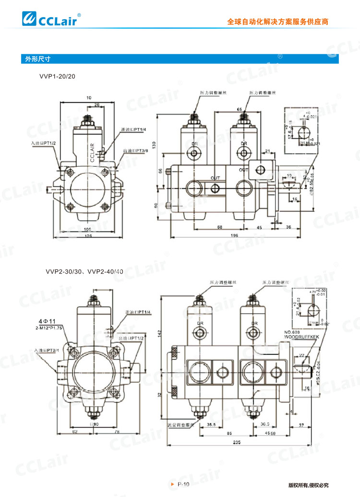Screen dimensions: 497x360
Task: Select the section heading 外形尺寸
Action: point(36,59)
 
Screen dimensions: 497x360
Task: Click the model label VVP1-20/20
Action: point(57,76)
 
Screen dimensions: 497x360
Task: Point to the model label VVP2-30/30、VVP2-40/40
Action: point(84,271)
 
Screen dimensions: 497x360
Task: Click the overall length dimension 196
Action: point(234,236)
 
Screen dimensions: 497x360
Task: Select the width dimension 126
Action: point(88,236)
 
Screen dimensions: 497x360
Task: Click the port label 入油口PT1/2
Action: point(44,143)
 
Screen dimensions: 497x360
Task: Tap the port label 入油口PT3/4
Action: point(46,351)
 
